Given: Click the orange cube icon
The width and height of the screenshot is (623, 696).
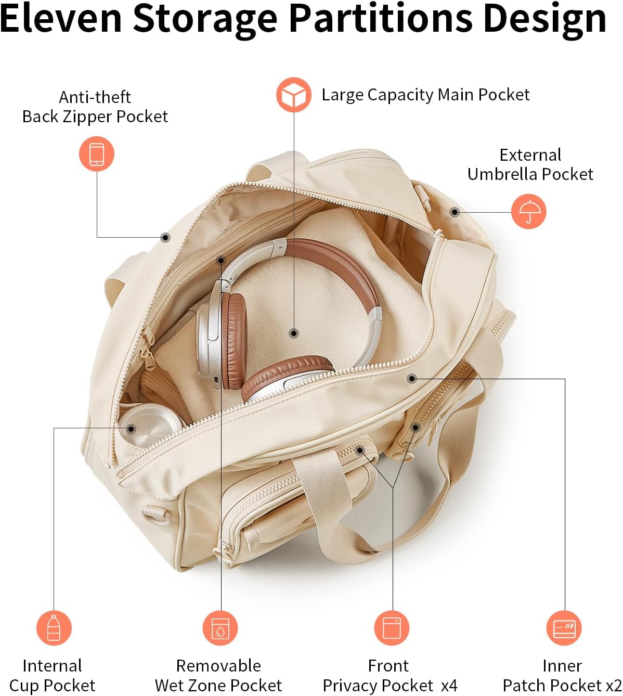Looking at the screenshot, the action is [294, 95].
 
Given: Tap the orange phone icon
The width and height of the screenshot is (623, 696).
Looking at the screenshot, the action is [97, 154].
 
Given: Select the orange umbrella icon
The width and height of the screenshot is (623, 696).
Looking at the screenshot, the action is [528, 211].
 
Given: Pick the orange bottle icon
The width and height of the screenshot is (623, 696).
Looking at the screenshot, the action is [54, 628].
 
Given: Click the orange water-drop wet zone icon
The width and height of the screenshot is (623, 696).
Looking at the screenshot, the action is [220, 628].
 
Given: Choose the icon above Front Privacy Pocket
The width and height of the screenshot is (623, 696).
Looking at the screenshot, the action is [392, 628].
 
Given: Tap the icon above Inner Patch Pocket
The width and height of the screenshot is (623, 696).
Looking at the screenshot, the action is [564, 628].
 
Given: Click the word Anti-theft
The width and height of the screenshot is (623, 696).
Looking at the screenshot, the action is [95, 97].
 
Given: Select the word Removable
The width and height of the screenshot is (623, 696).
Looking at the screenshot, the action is [218, 665].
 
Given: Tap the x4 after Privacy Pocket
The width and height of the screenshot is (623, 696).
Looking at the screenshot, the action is [449, 686].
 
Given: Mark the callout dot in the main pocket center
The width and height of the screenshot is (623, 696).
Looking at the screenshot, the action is [294, 333].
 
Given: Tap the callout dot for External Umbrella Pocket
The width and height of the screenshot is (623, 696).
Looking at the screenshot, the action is [455, 212].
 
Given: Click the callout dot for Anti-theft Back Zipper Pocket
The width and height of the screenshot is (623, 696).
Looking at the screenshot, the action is [165, 237].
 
